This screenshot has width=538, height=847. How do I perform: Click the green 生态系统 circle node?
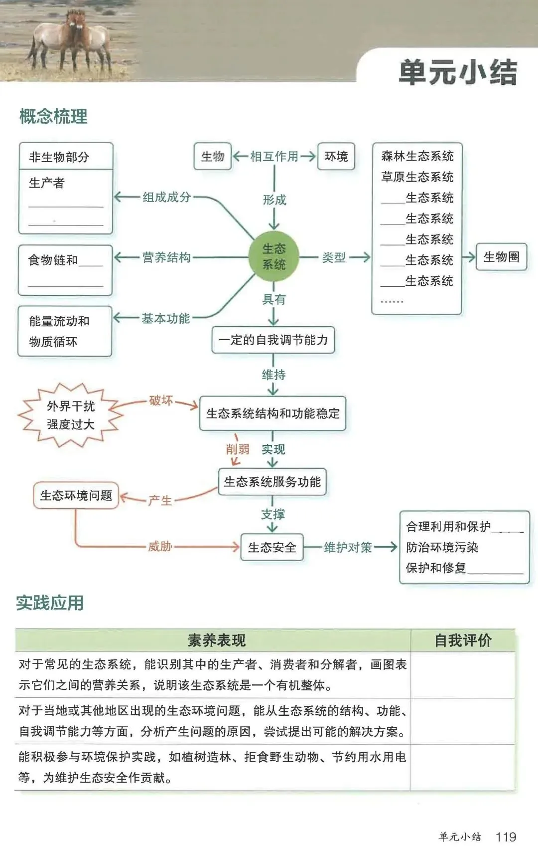pos(273,256)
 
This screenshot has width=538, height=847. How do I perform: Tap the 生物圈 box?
pos(501,257)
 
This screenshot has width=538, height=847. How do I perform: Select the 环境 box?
pos(336,157)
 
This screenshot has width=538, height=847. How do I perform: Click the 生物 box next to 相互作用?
pos(213,157)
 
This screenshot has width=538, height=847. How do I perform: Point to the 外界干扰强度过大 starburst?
pos(70,415)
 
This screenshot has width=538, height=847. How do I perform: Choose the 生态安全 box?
pos(272,547)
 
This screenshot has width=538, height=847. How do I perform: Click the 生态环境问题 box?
pos(76,495)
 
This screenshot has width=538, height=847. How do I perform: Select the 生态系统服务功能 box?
pos(272,482)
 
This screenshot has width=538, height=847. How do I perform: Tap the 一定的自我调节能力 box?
pos(273,340)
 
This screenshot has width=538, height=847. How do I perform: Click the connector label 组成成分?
pos(166,197)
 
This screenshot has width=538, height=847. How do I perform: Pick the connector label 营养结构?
pos(166,257)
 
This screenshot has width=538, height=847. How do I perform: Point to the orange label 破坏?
pos(161,401)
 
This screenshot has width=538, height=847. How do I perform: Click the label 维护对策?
pos(348,547)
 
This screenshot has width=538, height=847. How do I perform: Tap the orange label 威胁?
pos(160,547)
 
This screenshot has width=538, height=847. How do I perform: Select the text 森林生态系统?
pos(417,156)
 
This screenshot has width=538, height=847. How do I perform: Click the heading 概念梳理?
pos(53,116)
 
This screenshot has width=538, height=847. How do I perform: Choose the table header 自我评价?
pos(463,640)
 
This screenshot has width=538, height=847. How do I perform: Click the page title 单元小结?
pos(458,72)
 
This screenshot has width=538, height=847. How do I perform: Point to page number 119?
pos(506,837)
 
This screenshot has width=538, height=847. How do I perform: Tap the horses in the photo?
pos(72,37)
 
